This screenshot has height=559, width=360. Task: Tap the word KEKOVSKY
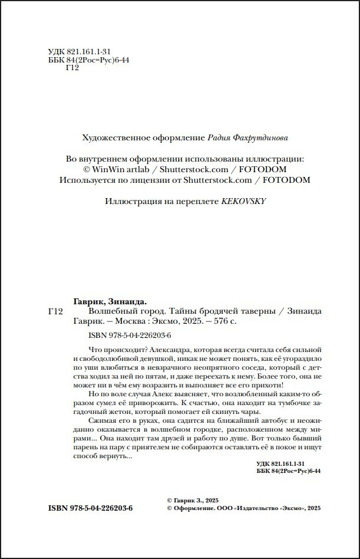pos(243,201)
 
